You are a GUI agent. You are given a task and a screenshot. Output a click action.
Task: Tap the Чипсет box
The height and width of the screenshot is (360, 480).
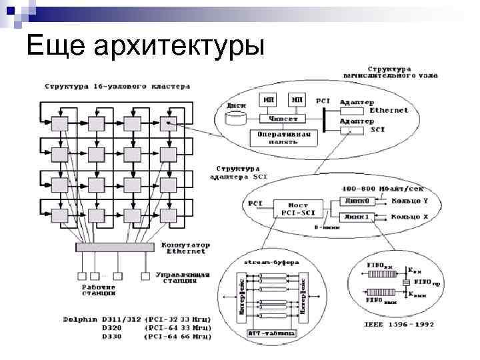pos(282,119)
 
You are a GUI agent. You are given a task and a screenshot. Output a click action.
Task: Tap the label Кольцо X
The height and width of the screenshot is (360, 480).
pos(407,217)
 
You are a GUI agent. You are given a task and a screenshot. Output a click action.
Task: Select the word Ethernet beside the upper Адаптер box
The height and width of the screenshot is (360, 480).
pos(389,110)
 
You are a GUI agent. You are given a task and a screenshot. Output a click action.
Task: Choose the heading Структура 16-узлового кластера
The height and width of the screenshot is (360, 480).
pos(117,86)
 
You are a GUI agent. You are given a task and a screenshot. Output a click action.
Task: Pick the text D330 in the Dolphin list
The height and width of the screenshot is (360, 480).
pos(112,337)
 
